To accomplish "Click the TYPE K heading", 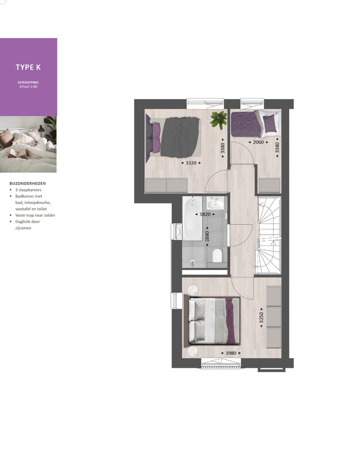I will pos(28,67).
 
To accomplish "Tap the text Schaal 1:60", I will pos(28,86).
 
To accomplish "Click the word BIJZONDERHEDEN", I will pos(27,183).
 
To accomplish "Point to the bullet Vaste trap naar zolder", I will pos(35,215).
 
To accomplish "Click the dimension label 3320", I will pos(190,163).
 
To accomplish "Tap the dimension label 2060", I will pos(258,142).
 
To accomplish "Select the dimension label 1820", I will pos(204,214).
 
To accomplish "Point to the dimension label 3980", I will pos(230,353).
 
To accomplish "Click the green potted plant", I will pos(218,120).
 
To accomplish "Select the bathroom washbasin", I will pos(216,203).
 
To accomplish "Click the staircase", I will pos(268,235).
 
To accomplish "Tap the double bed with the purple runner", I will pos(213,321).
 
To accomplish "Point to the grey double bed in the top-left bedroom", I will pos(175,136).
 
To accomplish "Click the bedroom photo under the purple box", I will pos(28,144).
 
